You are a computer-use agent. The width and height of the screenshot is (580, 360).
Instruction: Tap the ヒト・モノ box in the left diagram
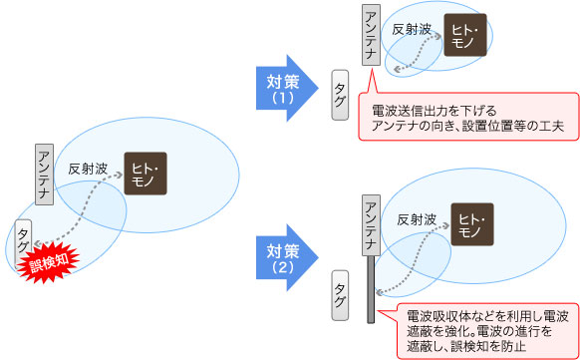tap(145, 173)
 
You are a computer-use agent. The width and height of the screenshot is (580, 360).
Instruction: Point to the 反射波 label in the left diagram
tap(87, 171)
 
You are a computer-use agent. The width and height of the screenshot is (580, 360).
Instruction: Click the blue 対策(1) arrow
tap(285, 90)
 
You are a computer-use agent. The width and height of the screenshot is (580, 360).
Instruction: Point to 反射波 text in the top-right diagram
tap(412, 31)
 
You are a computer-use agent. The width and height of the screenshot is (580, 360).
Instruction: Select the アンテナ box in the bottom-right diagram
tap(371, 223)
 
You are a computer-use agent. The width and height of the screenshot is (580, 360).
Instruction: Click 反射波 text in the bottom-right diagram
tap(416, 217)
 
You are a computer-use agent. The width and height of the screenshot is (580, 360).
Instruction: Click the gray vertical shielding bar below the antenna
tap(371, 289)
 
